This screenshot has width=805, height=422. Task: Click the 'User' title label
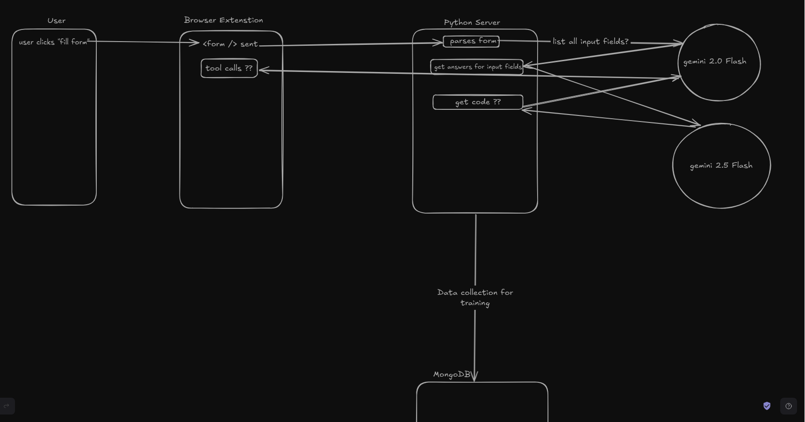57,21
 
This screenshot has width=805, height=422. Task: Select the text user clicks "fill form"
54,42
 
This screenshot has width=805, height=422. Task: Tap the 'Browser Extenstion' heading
223,20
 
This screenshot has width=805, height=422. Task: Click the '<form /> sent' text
230,44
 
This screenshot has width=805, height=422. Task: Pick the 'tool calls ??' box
229,68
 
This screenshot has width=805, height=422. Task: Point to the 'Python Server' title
472,22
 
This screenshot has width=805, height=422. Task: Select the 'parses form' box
471,41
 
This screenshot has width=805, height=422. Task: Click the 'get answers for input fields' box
477,67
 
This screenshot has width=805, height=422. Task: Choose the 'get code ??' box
478,102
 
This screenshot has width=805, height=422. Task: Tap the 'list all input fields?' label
590,42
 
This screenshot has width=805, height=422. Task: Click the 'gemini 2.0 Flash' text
714,61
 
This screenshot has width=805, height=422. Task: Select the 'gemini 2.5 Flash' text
721,165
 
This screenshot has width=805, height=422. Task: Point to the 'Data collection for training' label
475,298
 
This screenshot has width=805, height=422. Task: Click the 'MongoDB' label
452,374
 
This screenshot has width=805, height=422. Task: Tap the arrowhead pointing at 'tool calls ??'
262,71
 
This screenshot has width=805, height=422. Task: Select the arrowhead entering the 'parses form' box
439,43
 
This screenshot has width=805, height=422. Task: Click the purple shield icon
767,406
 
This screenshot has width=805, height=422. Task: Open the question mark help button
789,406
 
